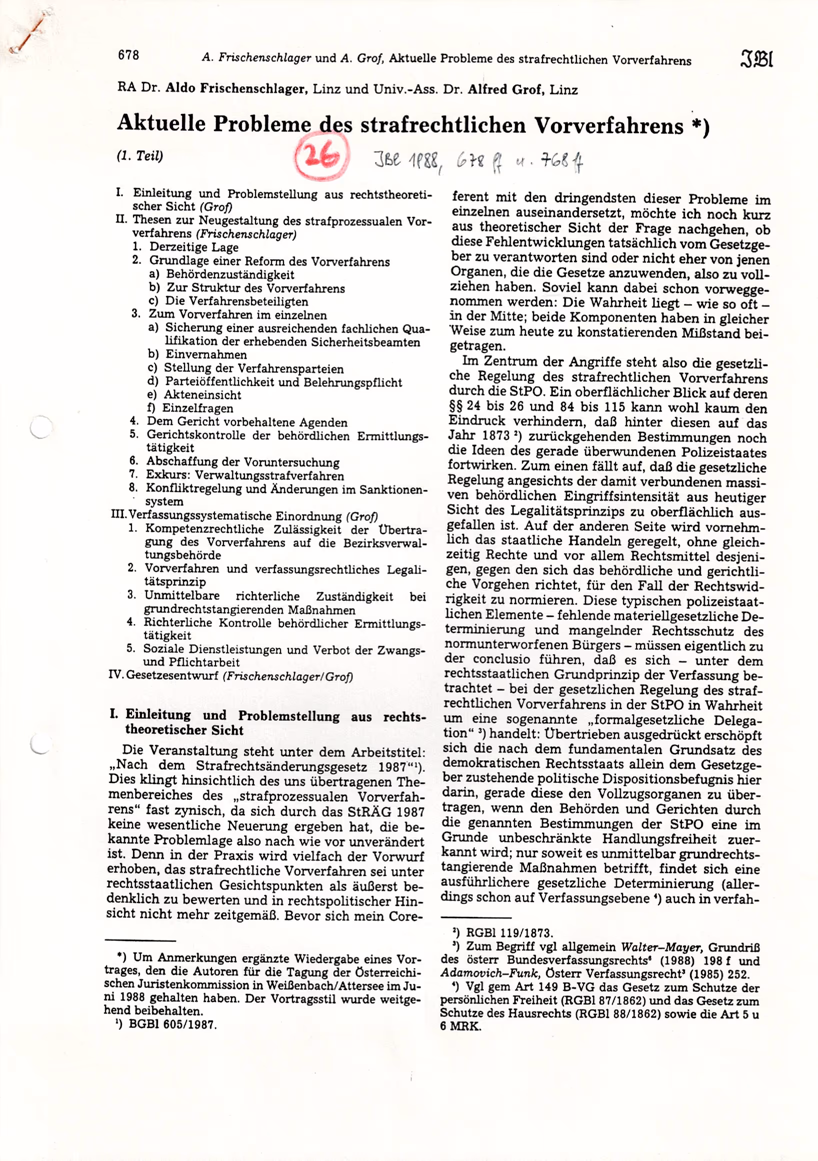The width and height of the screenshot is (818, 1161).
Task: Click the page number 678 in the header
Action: coord(128,54)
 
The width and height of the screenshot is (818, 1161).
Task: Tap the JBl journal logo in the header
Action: coord(756,58)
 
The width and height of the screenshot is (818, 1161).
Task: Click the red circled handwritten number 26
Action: coord(321,155)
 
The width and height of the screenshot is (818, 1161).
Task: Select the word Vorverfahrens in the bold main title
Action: coord(608,126)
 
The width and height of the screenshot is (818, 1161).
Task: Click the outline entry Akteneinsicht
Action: coord(202,395)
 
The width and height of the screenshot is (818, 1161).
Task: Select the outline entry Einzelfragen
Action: coord(197,408)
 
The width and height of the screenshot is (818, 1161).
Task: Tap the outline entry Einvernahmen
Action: coord(206,354)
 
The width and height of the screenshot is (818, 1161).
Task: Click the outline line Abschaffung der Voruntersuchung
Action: coord(242,462)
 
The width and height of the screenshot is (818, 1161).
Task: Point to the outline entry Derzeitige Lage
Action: coord(193,247)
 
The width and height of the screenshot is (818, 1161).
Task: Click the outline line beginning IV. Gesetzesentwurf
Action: coord(230,676)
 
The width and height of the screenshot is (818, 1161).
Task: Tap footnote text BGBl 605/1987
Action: coord(172,1024)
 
